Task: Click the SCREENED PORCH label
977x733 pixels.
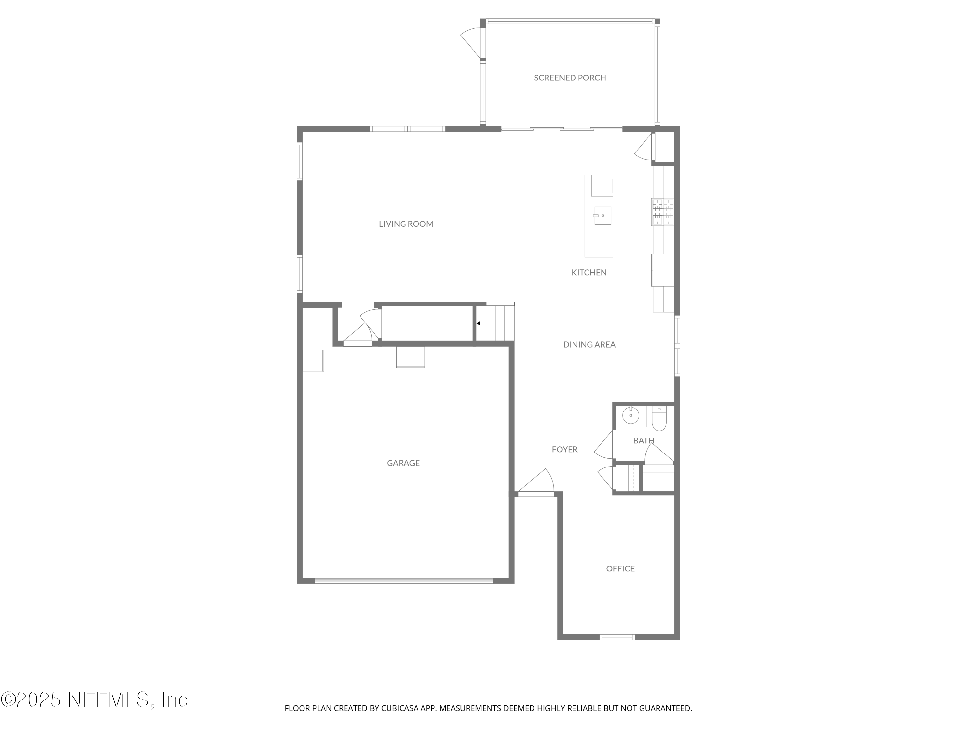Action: pyautogui.click(x=570, y=78)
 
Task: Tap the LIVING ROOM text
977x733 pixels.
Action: pyautogui.click(x=406, y=224)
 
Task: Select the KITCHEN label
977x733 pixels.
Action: pyautogui.click(x=589, y=273)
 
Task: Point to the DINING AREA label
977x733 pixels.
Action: pyautogui.click(x=589, y=345)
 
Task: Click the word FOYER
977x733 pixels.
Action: pyautogui.click(x=564, y=449)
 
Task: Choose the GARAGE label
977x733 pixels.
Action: pyautogui.click(x=403, y=463)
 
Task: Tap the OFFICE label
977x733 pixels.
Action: pyautogui.click(x=620, y=568)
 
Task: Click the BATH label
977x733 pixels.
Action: pyautogui.click(x=644, y=440)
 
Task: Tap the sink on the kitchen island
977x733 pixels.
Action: pyautogui.click(x=602, y=216)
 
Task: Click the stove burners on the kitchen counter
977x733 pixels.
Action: pyautogui.click(x=662, y=212)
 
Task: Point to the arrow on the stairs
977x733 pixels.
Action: pyautogui.click(x=479, y=323)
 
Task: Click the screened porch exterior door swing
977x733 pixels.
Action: pyautogui.click(x=471, y=42)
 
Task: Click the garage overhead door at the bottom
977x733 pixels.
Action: pyautogui.click(x=404, y=581)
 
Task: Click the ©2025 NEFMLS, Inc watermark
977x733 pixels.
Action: pyautogui.click(x=94, y=699)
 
